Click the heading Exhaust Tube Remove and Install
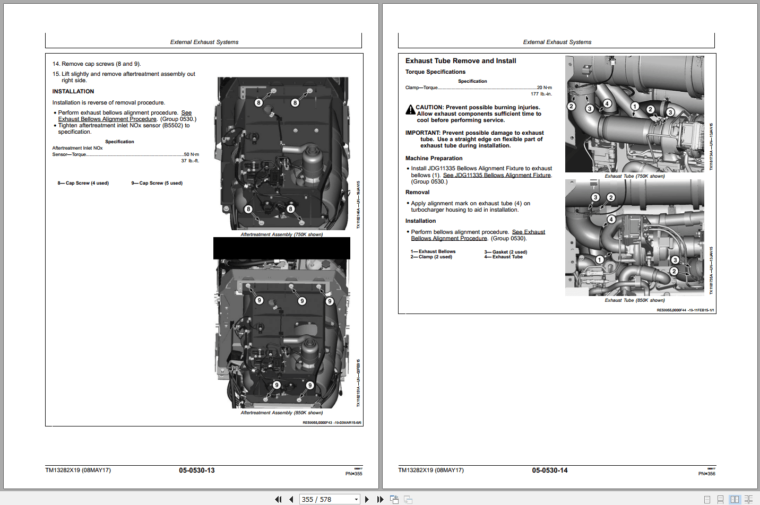click(460, 61)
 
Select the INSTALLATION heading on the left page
click(73, 92)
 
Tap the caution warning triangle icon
click(410, 110)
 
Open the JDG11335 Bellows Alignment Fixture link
click(497, 175)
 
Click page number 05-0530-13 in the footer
click(196, 471)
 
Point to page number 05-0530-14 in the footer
click(549, 471)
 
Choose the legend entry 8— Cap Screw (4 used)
click(83, 183)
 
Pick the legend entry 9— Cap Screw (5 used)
click(157, 183)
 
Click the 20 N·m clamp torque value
click(544, 88)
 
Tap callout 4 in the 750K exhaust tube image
click(607, 103)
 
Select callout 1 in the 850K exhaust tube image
click(599, 259)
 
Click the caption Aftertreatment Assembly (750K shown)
click(281, 234)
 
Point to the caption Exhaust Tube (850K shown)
click(634, 300)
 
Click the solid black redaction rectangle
click(281, 248)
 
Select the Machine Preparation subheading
click(434, 159)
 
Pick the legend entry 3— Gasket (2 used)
click(505, 252)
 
